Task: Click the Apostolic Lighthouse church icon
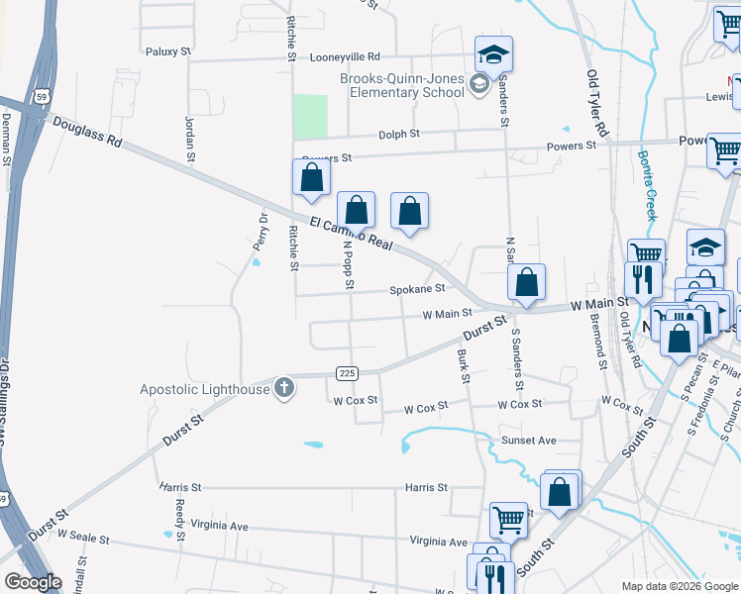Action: click(x=284, y=388)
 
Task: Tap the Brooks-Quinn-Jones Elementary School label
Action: click(x=402, y=85)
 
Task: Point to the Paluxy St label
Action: click(x=167, y=51)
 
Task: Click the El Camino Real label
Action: click(x=352, y=236)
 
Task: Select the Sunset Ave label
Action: click(x=528, y=440)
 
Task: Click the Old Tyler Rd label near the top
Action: click(x=597, y=103)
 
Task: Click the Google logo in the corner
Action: click(x=33, y=582)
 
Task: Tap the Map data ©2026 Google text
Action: click(x=680, y=586)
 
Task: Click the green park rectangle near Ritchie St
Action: click(x=310, y=116)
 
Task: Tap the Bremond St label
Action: click(x=600, y=343)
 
